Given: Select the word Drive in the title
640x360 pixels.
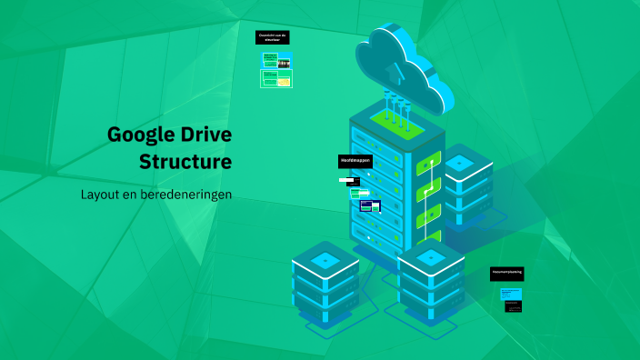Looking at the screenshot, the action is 205,135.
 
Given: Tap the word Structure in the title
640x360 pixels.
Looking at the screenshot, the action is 185,163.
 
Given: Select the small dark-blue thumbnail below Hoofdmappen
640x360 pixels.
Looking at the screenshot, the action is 370,206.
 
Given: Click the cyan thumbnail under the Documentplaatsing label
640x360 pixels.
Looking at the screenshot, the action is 512,294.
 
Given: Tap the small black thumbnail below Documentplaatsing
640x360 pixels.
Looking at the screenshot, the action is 514,308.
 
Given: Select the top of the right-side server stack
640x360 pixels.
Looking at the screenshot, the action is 460,163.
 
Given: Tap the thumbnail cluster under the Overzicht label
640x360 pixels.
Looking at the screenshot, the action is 276,70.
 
